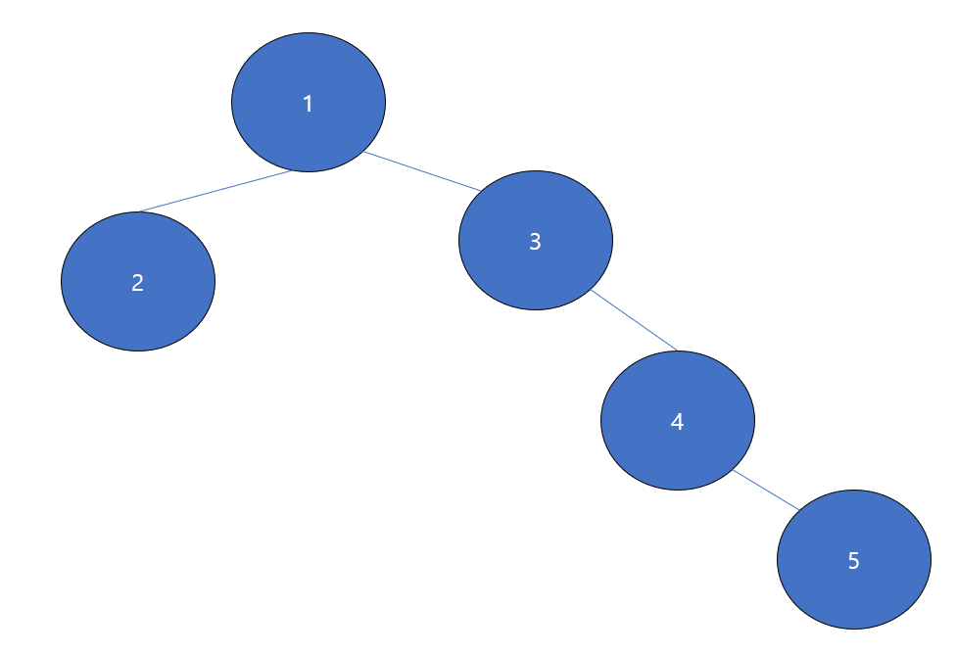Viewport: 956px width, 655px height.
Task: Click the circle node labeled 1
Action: (x=309, y=103)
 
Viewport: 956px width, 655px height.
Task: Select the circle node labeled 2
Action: (x=138, y=282)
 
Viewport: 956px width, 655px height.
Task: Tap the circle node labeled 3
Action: (x=536, y=241)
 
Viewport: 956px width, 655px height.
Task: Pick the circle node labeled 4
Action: (x=678, y=421)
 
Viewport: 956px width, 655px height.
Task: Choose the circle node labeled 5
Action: (x=854, y=560)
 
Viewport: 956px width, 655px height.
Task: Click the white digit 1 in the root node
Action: (x=309, y=104)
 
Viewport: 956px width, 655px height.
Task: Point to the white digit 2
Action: (x=137, y=283)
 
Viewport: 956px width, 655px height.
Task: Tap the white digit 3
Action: (x=535, y=242)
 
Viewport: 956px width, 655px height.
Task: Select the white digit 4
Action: (x=677, y=422)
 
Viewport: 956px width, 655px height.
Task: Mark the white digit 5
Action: (x=853, y=561)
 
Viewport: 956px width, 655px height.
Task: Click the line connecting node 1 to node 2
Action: (x=215, y=191)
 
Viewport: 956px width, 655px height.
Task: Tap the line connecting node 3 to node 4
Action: (x=635, y=320)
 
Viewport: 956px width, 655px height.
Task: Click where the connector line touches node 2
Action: (x=140, y=211)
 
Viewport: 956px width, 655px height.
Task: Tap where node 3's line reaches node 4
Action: (x=678, y=351)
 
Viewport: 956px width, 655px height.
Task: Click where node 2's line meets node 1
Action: (x=292, y=171)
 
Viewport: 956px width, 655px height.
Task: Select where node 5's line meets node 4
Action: (x=733, y=469)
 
